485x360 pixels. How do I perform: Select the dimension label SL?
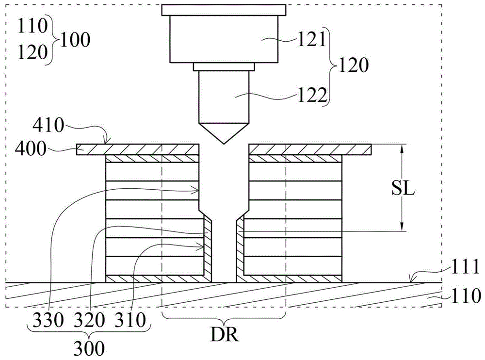(x=402, y=189)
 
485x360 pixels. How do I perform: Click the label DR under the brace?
(x=224, y=336)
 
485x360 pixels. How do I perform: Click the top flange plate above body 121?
(x=223, y=10)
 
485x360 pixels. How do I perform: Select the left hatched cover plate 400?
(x=138, y=149)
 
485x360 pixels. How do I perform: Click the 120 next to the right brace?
(x=354, y=65)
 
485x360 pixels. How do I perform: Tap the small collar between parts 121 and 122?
(x=223, y=67)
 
